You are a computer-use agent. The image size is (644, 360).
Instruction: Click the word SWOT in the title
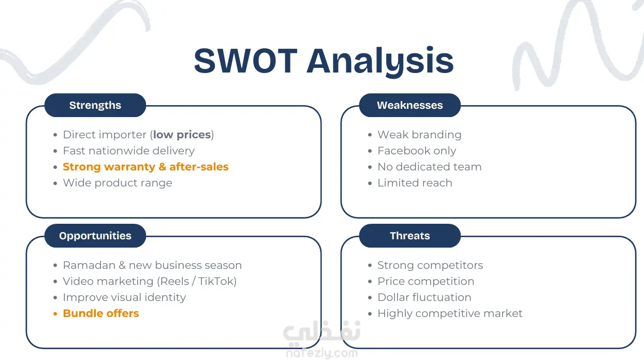click(246, 61)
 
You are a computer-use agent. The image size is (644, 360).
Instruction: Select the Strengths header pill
click(95, 105)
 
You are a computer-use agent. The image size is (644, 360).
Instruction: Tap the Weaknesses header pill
click(409, 105)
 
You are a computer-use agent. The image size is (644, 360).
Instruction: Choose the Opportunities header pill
click(95, 236)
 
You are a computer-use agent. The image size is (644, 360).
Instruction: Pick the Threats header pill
click(409, 236)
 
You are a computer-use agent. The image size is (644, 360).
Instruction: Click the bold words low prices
click(182, 135)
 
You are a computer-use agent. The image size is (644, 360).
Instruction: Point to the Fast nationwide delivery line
click(129, 151)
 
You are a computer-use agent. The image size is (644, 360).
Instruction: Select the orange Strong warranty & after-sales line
click(146, 167)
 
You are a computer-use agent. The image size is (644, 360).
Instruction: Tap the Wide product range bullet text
click(118, 183)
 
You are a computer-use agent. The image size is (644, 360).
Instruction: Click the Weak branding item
click(419, 135)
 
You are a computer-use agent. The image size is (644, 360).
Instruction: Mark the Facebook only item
click(417, 151)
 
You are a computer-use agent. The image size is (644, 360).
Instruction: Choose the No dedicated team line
click(430, 167)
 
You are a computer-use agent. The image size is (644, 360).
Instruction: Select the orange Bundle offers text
click(101, 313)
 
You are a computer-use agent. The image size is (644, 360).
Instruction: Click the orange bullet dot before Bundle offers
click(55, 314)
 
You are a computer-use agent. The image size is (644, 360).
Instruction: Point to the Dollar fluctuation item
click(425, 297)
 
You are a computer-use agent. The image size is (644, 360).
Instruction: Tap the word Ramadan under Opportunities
click(89, 265)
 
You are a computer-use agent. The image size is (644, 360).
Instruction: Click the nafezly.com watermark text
click(322, 353)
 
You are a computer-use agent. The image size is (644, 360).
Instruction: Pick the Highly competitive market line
click(450, 313)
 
